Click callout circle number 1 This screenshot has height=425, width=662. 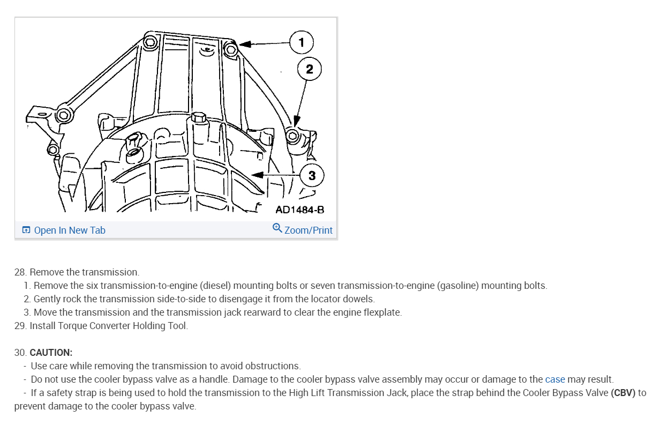(x=302, y=42)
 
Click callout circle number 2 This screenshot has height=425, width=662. (x=309, y=69)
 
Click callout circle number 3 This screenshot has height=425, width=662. (x=312, y=175)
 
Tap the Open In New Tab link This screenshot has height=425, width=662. (x=70, y=230)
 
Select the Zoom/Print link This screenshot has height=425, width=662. (x=308, y=230)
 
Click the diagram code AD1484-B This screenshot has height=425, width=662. (x=299, y=210)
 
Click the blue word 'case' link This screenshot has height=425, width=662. (x=555, y=379)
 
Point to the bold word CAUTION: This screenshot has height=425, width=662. (x=51, y=353)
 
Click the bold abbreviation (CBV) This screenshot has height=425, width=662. (x=623, y=393)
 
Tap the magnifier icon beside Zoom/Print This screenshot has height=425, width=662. (x=277, y=228)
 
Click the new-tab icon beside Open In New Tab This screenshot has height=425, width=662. (x=26, y=230)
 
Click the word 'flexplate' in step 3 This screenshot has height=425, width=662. (x=381, y=312)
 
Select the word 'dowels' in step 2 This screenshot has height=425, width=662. (x=359, y=299)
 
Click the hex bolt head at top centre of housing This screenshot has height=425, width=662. (x=198, y=116)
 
